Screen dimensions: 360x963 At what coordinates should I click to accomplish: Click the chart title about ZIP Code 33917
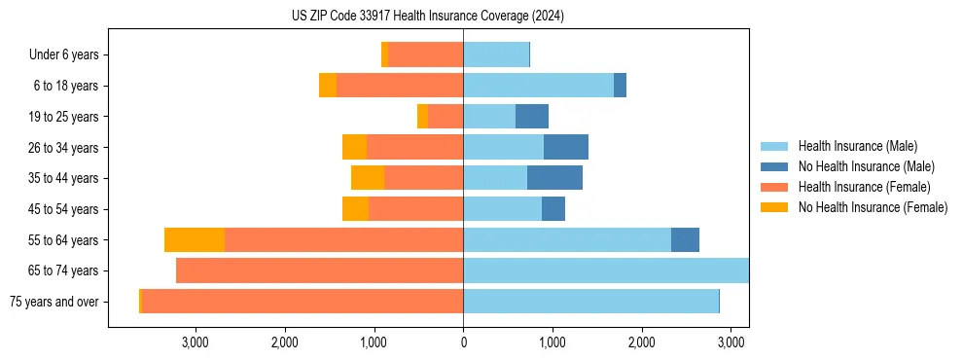[428, 16]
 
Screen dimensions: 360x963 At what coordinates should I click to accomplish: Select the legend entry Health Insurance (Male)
[856, 147]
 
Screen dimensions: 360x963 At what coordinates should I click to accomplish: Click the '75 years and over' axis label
[53, 302]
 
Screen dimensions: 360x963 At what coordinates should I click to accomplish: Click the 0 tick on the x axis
[463, 342]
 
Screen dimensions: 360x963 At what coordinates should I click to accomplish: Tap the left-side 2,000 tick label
[284, 342]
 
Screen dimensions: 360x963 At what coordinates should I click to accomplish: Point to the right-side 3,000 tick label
[731, 342]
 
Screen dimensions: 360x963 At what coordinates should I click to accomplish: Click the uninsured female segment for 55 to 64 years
[195, 240]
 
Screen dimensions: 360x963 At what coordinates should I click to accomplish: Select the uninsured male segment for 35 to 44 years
[554, 178]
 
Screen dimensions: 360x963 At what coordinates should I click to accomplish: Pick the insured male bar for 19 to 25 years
[489, 117]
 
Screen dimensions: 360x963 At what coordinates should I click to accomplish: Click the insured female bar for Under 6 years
[425, 55]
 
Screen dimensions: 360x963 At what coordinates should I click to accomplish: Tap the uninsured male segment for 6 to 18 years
[620, 86]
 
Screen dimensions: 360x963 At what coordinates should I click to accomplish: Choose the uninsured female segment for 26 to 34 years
[354, 147]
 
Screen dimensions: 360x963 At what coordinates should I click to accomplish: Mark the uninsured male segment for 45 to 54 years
[553, 209]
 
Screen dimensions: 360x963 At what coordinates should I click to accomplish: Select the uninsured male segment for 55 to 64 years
[685, 240]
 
